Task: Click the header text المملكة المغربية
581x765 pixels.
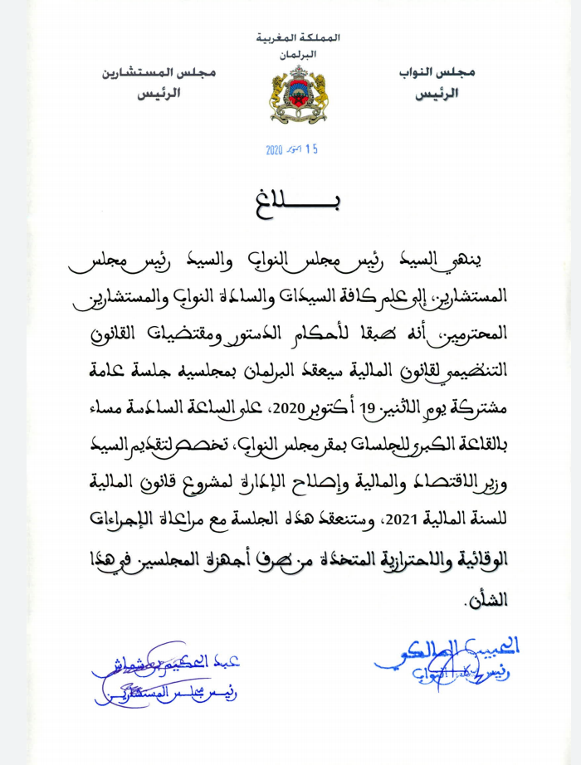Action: (300, 38)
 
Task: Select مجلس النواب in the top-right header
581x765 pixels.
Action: (443, 73)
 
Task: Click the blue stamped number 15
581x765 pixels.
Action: (310, 150)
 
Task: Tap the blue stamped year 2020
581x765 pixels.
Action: (275, 150)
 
